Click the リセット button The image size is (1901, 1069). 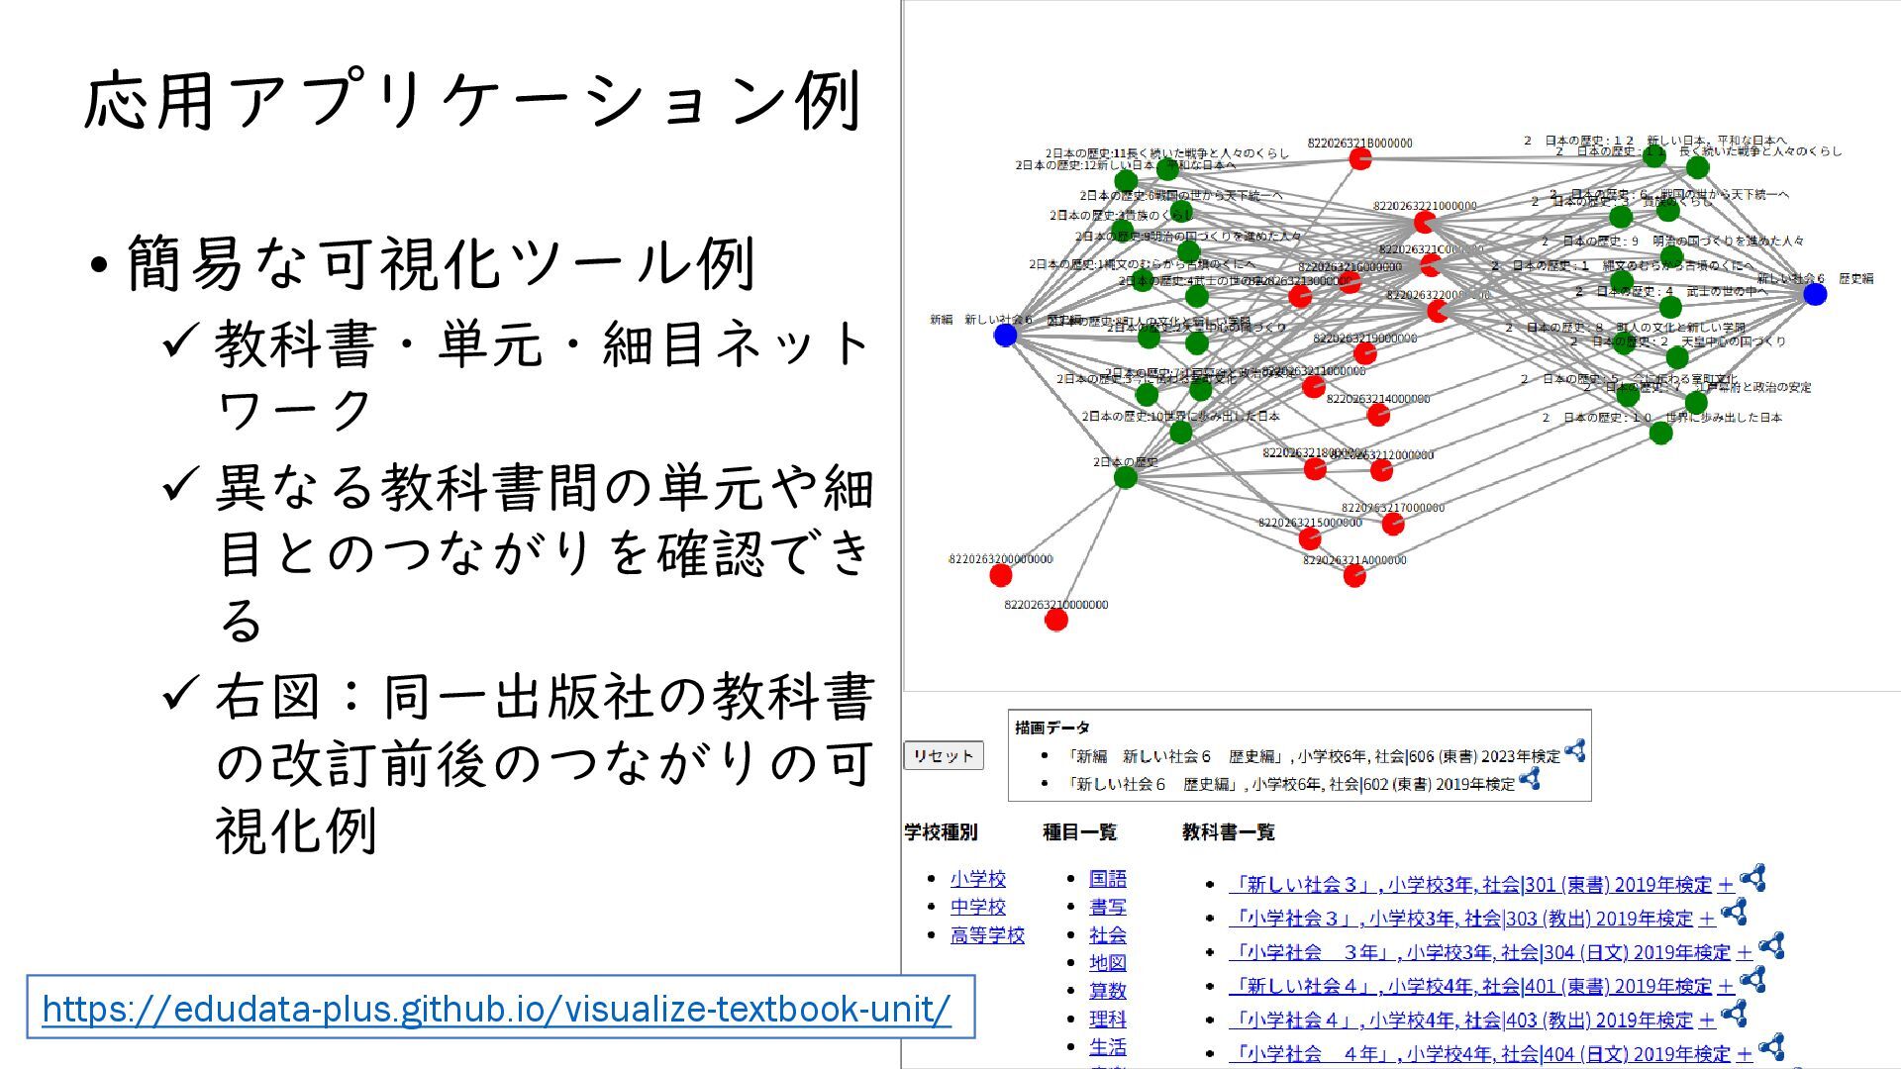[943, 755]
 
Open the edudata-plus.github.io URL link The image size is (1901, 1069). [496, 1009]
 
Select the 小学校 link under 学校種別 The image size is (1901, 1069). [977, 879]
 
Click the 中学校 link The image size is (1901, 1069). [977, 907]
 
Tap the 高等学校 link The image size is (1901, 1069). [987, 935]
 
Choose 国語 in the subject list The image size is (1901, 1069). [1107, 879]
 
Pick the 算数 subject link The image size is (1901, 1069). [1107, 991]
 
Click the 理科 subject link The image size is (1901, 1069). [1107, 1019]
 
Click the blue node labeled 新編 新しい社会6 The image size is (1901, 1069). [1005, 335]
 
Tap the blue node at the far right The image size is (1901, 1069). [1814, 294]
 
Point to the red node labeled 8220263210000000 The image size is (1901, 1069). [1056, 620]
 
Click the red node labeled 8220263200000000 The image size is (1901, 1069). [1001, 575]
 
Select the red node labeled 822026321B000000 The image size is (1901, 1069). [1360, 158]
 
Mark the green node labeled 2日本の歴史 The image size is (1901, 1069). [1126, 478]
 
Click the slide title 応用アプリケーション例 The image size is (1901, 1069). [473, 101]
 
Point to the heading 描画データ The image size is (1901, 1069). [1051, 728]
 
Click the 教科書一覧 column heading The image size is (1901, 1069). [1228, 832]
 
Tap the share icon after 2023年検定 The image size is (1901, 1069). [1575, 751]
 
